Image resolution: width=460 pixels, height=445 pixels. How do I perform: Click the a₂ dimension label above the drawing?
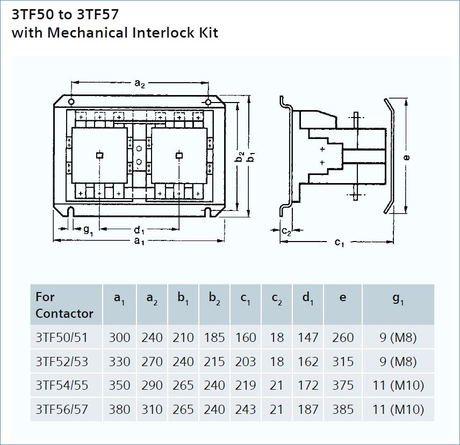(140, 84)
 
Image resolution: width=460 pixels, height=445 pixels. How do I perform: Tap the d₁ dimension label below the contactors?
(139, 230)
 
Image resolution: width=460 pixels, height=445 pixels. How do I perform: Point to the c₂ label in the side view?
(286, 231)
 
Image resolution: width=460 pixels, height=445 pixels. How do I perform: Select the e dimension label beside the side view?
(406, 157)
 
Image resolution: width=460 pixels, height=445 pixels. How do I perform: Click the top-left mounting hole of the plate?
(71, 102)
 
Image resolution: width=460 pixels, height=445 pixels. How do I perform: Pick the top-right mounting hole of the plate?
(208, 102)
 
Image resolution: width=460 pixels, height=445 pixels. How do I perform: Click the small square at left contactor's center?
(100, 155)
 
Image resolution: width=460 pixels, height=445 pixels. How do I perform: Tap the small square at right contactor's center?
(179, 155)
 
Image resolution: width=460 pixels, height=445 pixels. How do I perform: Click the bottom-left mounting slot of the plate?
(70, 212)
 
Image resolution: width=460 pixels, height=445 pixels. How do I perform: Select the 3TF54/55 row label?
(62, 385)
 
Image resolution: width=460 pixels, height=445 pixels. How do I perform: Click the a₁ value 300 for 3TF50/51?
(119, 338)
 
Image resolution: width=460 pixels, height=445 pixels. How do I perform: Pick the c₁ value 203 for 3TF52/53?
(246, 361)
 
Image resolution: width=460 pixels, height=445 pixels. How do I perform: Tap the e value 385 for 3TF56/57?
(343, 409)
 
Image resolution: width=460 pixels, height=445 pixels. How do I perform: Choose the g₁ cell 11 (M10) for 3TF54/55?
(398, 385)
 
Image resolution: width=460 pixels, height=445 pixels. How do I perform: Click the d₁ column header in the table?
(308, 298)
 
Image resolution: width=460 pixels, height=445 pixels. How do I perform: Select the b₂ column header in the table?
(214, 298)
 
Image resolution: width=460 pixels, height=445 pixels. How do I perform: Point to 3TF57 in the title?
(98, 14)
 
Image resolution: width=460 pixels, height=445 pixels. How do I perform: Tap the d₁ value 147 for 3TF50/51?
(308, 338)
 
